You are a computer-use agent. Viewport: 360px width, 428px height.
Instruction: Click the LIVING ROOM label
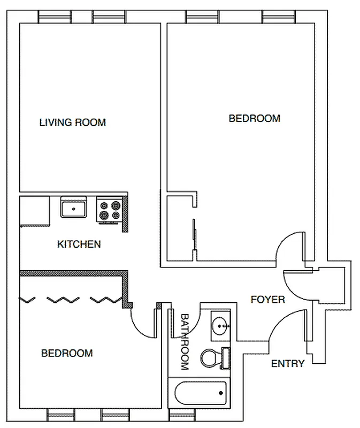[x=73, y=123]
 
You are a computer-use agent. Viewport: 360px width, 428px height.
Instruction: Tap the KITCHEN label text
[x=79, y=244]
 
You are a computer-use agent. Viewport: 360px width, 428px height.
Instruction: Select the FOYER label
[x=267, y=300]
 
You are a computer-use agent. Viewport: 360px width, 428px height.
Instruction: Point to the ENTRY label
[x=287, y=364]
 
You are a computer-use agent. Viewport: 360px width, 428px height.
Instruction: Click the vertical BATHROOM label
[x=185, y=342]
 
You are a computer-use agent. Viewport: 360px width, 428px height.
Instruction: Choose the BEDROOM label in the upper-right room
[x=254, y=118]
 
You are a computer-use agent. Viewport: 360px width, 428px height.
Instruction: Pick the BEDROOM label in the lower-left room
[x=67, y=353]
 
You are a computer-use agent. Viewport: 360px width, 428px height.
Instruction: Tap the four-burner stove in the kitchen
[x=110, y=210]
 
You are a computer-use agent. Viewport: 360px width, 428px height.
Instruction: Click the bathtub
[x=200, y=395]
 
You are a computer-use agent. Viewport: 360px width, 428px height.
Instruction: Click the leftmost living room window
[x=55, y=17]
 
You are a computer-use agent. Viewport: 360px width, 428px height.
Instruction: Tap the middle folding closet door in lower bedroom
[x=63, y=299]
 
